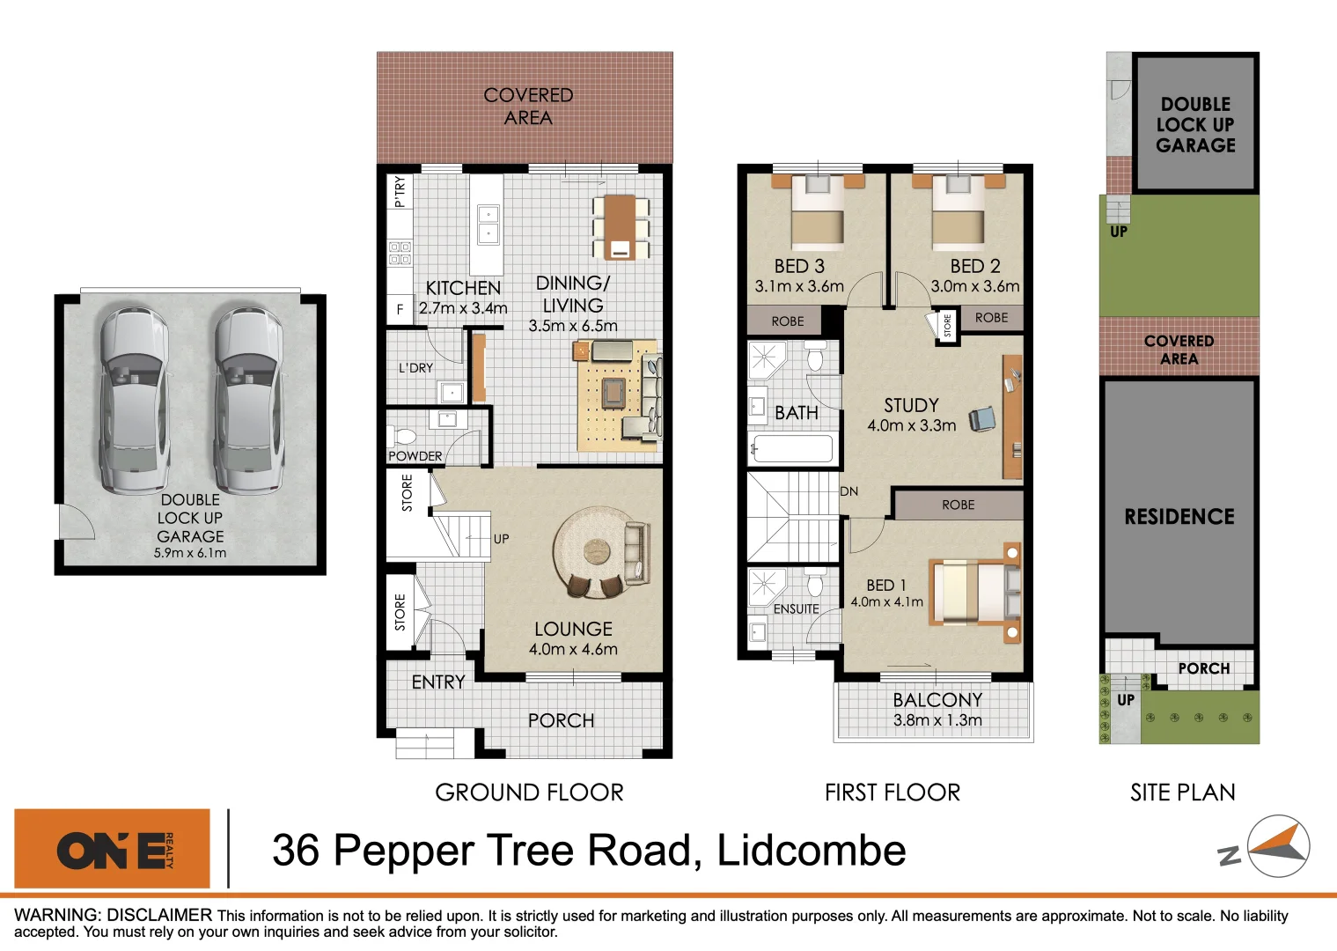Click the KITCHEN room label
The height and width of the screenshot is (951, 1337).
click(x=463, y=288)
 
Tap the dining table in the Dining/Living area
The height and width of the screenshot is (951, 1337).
click(x=621, y=226)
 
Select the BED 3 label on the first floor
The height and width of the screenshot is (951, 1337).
click(x=799, y=266)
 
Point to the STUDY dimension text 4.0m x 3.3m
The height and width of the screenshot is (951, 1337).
click(x=911, y=425)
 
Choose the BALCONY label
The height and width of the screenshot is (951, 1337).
click(x=937, y=699)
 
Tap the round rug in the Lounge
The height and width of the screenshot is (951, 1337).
click(x=597, y=551)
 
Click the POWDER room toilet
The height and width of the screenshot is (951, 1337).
click(x=404, y=437)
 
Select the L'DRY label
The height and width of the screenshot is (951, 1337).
click(x=415, y=367)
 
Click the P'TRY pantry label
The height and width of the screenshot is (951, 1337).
click(x=400, y=191)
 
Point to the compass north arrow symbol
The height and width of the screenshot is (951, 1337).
click(x=1279, y=846)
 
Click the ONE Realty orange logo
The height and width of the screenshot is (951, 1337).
click(x=113, y=849)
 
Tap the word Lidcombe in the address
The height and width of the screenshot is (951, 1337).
click(x=811, y=851)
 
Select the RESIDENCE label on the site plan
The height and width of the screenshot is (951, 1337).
click(x=1179, y=517)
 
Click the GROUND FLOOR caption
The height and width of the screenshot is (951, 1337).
click(x=529, y=792)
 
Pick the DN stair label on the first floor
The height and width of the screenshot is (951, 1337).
click(x=849, y=491)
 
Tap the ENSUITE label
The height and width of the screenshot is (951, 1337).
click(x=796, y=608)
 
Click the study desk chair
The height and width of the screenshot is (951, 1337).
click(x=982, y=419)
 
